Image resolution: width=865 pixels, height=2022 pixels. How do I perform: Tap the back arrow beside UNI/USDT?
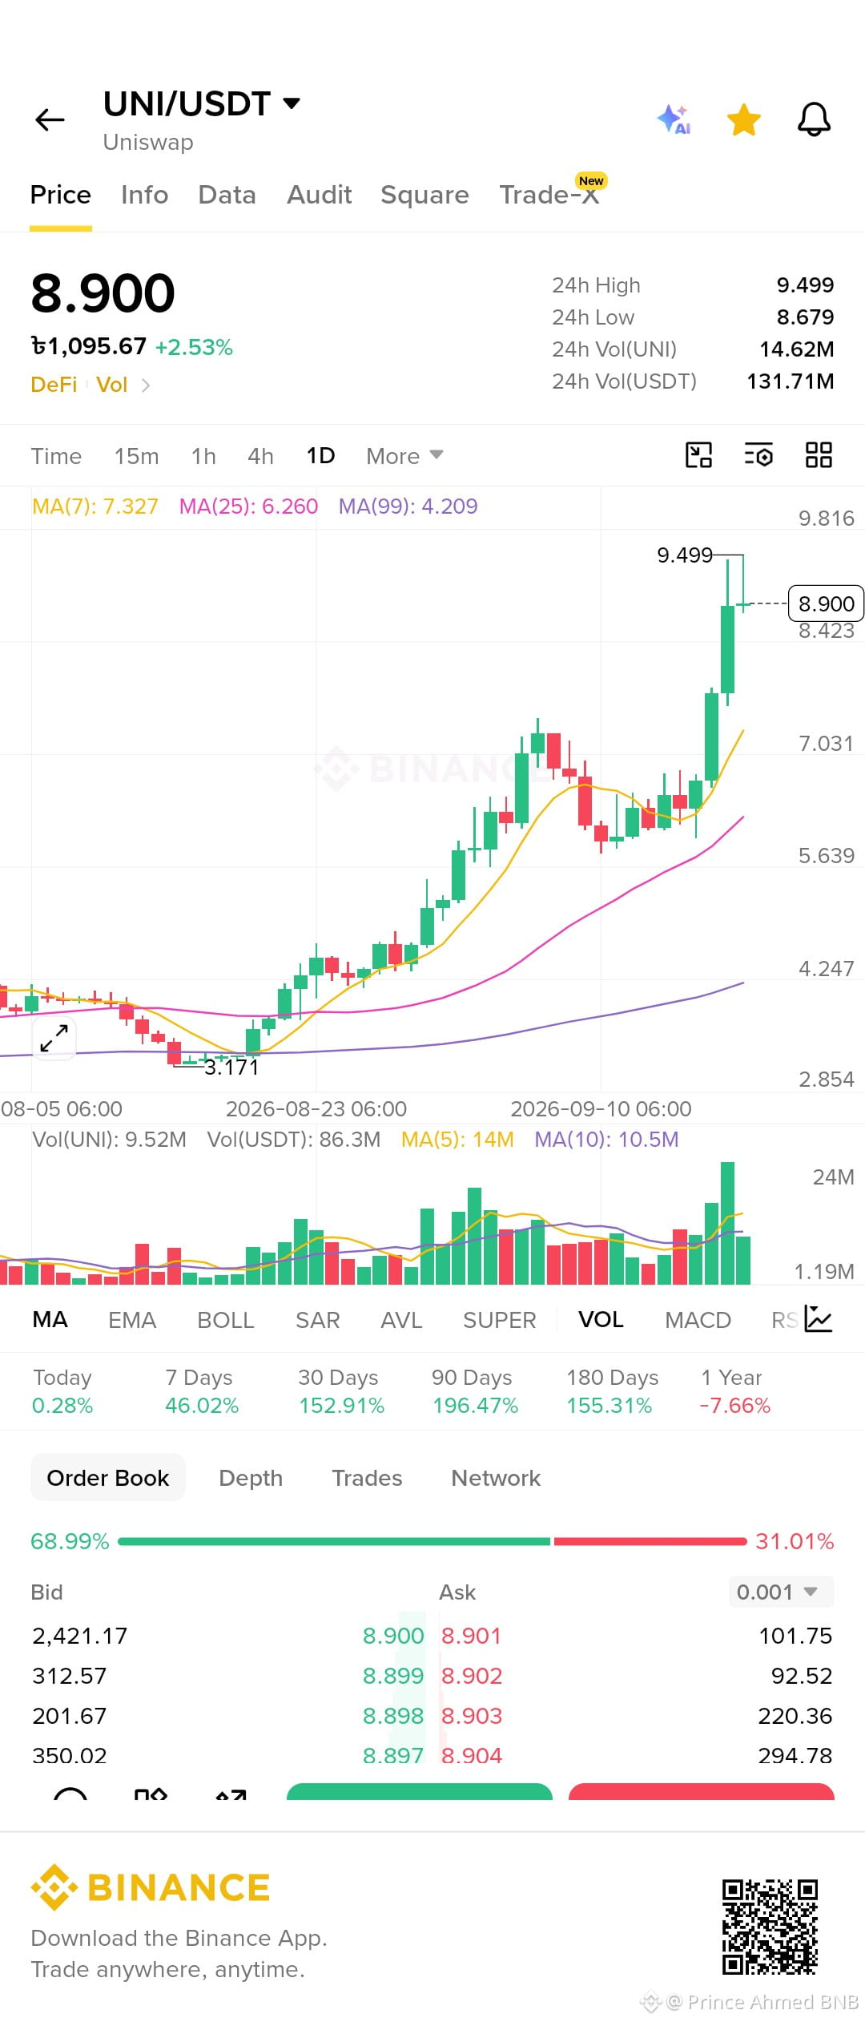pyautogui.click(x=50, y=119)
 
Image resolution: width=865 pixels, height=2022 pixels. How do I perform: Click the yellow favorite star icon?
pyautogui.click(x=743, y=120)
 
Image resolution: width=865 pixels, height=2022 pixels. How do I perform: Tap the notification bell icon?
pyautogui.click(x=814, y=120)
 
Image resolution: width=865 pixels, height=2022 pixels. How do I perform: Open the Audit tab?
pyautogui.click(x=319, y=195)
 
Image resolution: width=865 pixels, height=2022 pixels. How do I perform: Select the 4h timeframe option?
pyautogui.click(x=260, y=456)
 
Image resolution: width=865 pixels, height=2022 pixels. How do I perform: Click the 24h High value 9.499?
pyautogui.click(x=805, y=285)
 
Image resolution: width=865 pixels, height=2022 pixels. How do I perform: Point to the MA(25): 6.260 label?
pyautogui.click(x=248, y=507)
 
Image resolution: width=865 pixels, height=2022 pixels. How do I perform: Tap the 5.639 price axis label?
pyautogui.click(x=826, y=856)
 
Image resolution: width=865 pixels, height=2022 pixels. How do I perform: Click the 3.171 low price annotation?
pyautogui.click(x=231, y=1068)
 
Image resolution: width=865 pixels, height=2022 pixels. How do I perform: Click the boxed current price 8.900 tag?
pyautogui.click(x=826, y=603)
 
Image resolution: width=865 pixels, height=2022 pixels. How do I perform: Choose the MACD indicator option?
pyautogui.click(x=698, y=1320)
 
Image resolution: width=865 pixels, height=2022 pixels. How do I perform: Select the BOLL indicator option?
pyautogui.click(x=226, y=1320)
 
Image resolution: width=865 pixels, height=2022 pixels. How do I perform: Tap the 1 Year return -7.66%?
pyautogui.click(x=734, y=1406)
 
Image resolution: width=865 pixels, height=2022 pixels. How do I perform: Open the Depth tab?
pyautogui.click(x=251, y=1478)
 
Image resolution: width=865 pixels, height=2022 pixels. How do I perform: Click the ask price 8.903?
pyautogui.click(x=472, y=1716)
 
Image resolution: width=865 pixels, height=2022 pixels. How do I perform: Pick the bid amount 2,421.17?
pyautogui.click(x=79, y=1636)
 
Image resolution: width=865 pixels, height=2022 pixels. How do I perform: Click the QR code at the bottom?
pyautogui.click(x=770, y=1927)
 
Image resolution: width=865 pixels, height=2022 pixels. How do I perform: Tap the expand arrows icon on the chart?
pyautogui.click(x=54, y=1038)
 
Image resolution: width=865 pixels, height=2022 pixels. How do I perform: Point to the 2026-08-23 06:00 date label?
pyautogui.click(x=316, y=1109)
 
